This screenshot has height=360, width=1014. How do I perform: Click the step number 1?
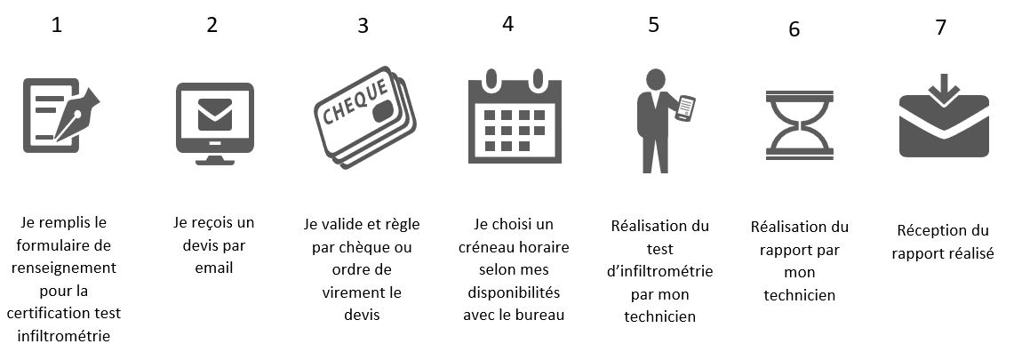tap(56, 27)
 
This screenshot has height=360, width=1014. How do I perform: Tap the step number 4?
tap(507, 24)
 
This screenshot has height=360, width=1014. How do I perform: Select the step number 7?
tap(941, 28)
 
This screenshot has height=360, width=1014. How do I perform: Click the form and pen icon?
tap(60, 111)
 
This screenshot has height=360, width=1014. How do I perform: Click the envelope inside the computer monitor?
tap(215, 115)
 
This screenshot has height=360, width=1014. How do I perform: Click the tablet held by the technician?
tap(685, 108)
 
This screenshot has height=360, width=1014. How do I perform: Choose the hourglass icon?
tap(799, 124)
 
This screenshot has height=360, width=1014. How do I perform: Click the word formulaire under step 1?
tap(61, 246)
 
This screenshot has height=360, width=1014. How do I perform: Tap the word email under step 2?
tap(214, 267)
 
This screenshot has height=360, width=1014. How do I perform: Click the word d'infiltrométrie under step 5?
tap(659, 271)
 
